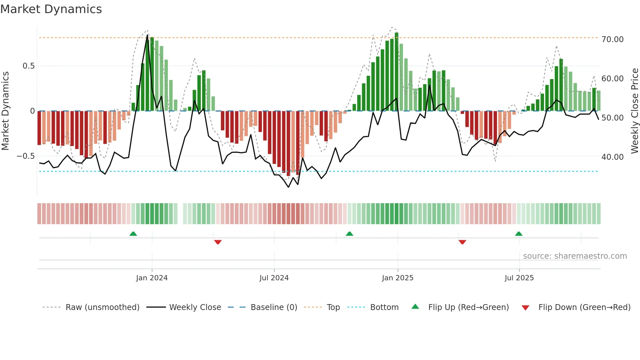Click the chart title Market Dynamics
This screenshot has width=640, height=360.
(x=51, y=9)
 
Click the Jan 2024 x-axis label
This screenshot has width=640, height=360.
(x=152, y=278)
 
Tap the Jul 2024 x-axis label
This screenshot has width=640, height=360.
(x=274, y=278)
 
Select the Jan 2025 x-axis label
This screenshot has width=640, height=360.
(x=397, y=278)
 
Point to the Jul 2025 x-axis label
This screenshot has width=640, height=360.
(x=519, y=278)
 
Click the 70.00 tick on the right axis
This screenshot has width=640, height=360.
(x=612, y=40)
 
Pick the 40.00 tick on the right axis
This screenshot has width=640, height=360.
(x=612, y=157)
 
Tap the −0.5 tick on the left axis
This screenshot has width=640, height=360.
(x=25, y=156)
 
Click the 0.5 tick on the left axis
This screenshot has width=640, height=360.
(x=28, y=66)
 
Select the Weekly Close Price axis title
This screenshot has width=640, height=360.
(x=634, y=111)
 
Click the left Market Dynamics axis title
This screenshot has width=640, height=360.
(x=5, y=111)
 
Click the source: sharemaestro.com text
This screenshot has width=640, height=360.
(x=575, y=256)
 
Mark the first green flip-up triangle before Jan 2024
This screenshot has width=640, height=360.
(x=133, y=234)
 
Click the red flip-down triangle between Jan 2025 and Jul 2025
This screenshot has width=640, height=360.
(x=462, y=242)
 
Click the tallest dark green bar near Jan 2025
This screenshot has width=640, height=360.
(x=396, y=72)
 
